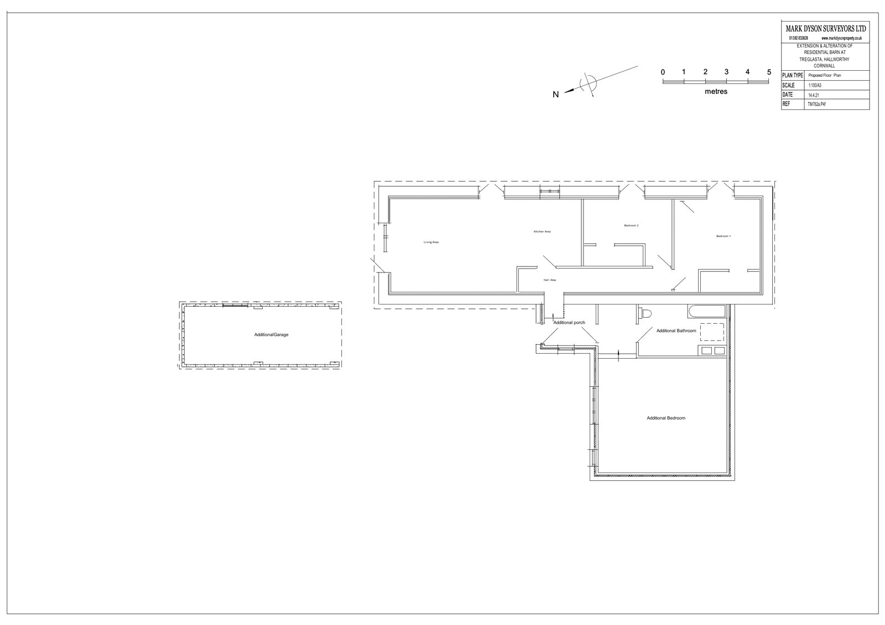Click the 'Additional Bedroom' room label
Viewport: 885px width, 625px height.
coord(666,418)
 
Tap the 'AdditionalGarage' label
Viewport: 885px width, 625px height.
coord(271,335)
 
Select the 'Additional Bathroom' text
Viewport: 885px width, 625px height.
coord(676,331)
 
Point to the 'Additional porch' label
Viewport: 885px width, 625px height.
coord(569,322)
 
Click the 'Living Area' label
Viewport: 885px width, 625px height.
coord(431,242)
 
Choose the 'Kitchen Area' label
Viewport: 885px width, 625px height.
coord(542,232)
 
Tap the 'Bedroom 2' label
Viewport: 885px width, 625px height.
coord(631,225)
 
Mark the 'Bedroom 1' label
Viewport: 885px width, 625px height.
coord(723,236)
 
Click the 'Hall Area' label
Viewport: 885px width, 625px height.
coord(549,280)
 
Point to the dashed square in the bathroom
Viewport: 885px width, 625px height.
coord(712,332)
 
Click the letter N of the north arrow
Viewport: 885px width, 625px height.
coord(556,94)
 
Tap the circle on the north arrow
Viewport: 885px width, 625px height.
coord(588,83)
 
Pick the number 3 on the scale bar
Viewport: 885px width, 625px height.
coord(726,72)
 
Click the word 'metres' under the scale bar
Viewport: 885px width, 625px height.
coord(716,92)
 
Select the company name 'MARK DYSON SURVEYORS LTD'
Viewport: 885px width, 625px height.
coord(826,29)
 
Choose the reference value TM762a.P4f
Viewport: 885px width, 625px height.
coord(816,104)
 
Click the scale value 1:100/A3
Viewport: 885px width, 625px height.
coord(815,86)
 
